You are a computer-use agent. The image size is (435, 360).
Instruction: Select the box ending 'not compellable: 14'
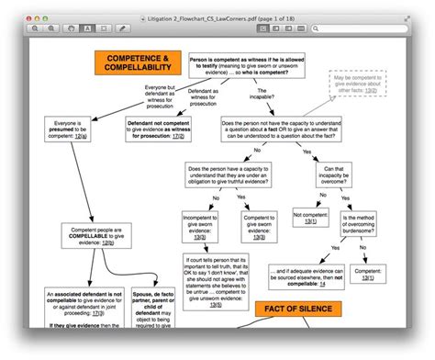(304, 276)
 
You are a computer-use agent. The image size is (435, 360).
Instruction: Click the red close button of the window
(33, 16)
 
